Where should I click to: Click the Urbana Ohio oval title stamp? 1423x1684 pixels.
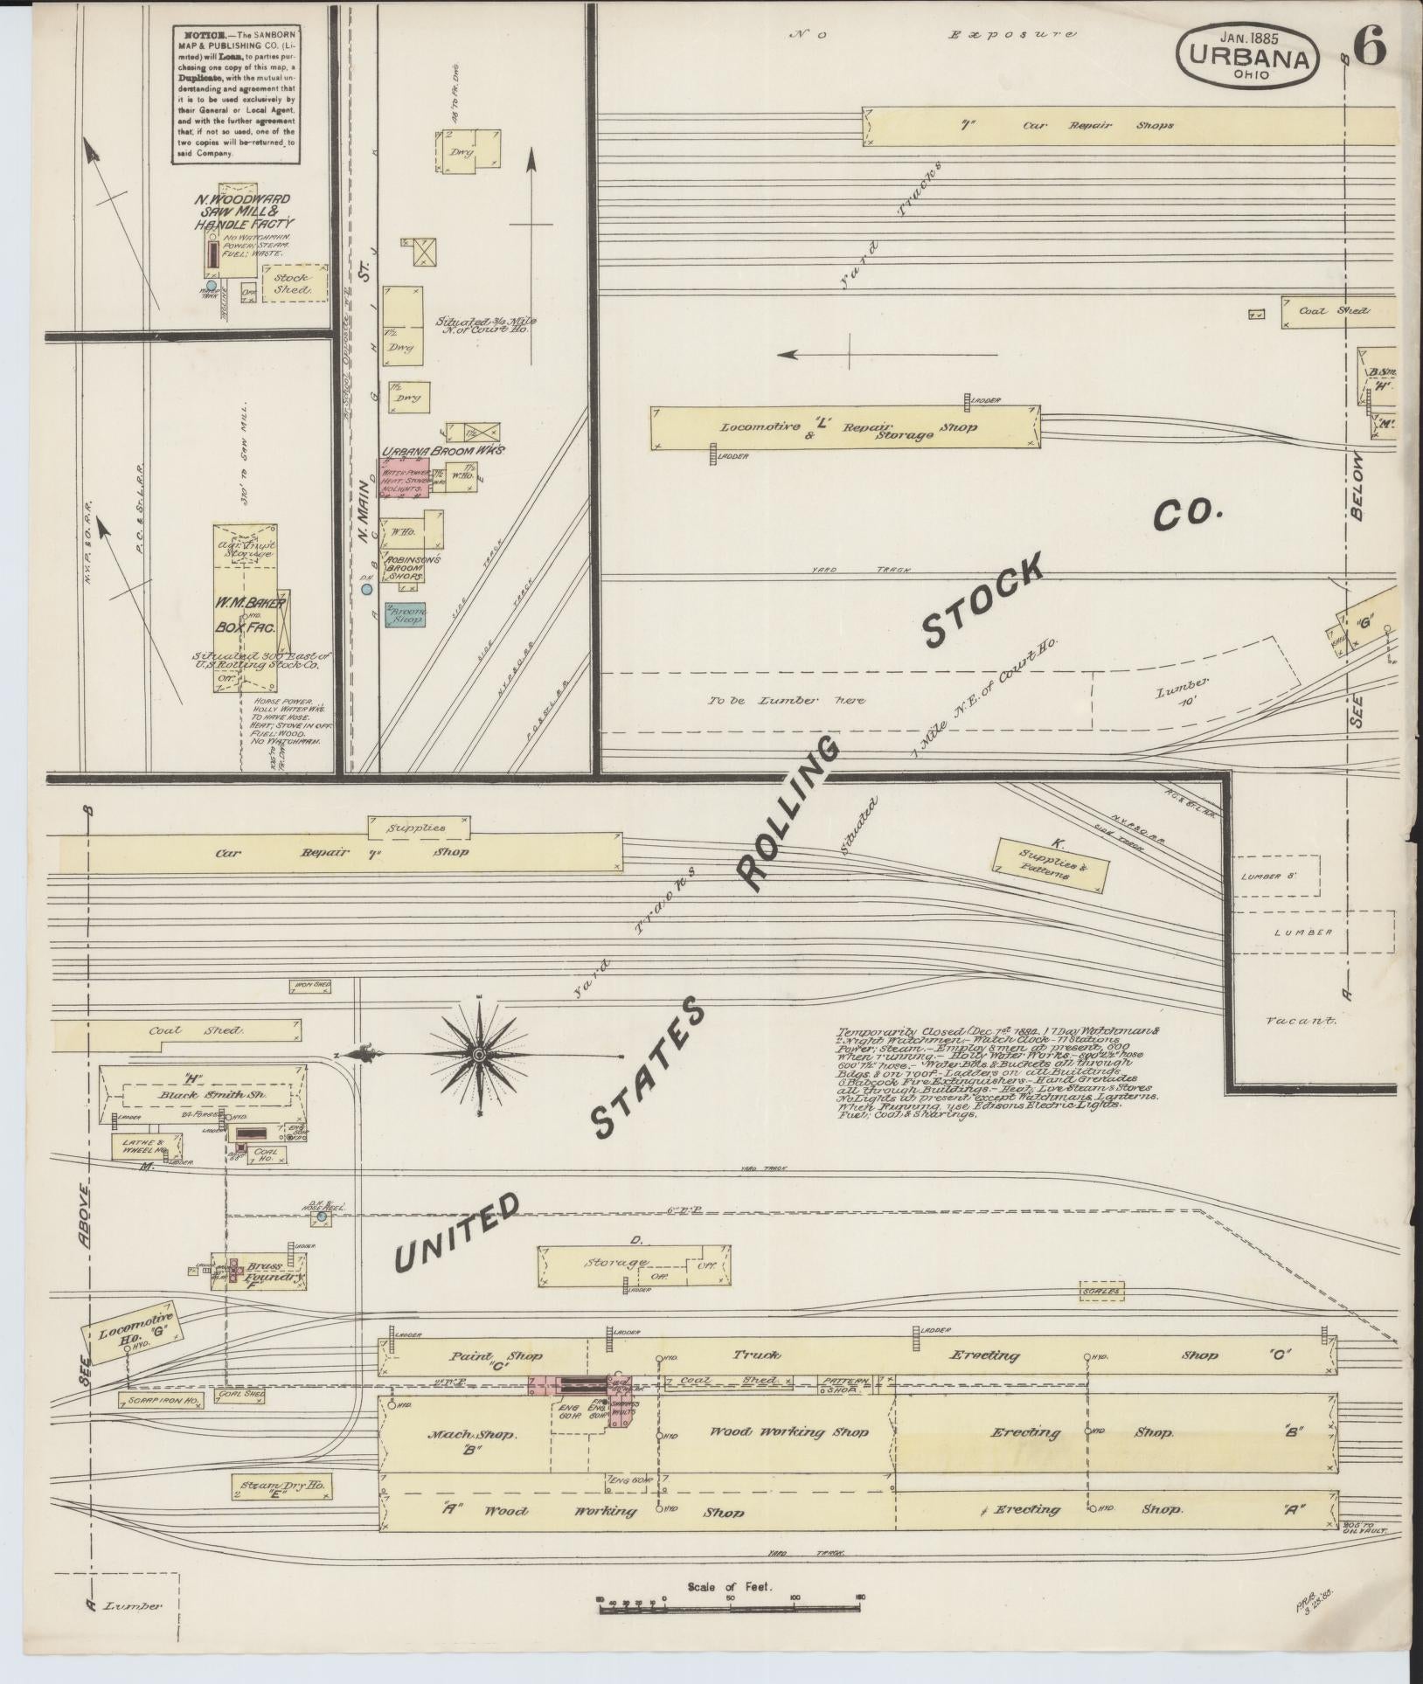click(x=1248, y=55)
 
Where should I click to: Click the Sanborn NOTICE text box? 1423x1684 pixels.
click(x=233, y=94)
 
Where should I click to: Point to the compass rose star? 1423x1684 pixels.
click(x=479, y=1056)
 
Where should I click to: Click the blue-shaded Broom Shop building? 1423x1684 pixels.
click(x=406, y=614)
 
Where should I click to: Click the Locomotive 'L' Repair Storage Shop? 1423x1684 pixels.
click(x=845, y=428)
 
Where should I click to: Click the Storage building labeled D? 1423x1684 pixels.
click(x=634, y=1265)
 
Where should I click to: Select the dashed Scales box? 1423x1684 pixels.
click(x=1100, y=1291)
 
